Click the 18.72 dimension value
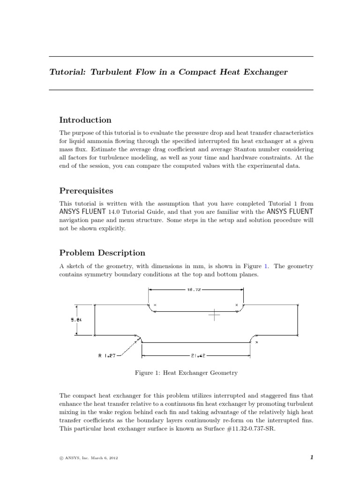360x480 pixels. tap(194, 290)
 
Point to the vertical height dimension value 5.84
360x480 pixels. tap(76, 320)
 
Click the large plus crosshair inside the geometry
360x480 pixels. tap(215, 315)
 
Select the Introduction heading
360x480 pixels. tap(85, 120)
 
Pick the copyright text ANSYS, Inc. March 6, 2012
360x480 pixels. tap(90, 458)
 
